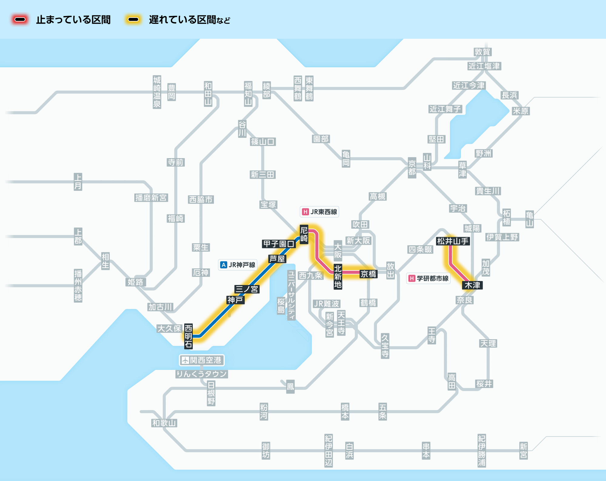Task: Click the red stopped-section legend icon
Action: tap(20, 20)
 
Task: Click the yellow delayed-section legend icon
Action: tap(133, 20)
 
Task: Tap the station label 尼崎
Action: tap(304, 234)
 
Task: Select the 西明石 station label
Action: tap(188, 336)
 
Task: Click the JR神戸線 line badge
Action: tap(238, 265)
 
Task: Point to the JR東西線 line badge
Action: tap(320, 212)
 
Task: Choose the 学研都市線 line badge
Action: tap(428, 278)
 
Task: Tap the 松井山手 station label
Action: tap(453, 241)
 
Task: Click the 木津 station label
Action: tap(472, 285)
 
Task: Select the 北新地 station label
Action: tap(338, 277)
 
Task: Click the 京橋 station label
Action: tap(368, 274)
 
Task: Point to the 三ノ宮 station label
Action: tap(247, 289)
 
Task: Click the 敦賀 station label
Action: tap(482, 52)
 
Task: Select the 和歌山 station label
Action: tap(164, 423)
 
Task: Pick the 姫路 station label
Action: tap(135, 282)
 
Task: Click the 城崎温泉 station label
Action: tap(157, 92)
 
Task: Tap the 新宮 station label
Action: tap(523, 450)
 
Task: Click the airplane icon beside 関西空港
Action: tap(185, 360)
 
